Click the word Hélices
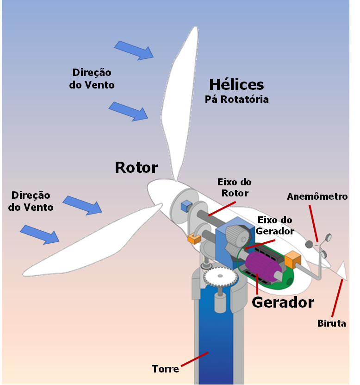pyautogui.click(x=236, y=85)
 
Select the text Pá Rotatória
pyautogui.click(x=236, y=99)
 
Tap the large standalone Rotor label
pyautogui.click(x=136, y=168)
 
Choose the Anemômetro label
pyautogui.click(x=317, y=196)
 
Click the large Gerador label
pyautogui.click(x=283, y=302)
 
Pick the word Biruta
pyautogui.click(x=331, y=323)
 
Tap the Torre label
pyautogui.click(x=166, y=369)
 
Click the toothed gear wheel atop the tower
pyautogui.click(x=220, y=278)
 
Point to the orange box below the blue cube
pyautogui.click(x=193, y=239)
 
